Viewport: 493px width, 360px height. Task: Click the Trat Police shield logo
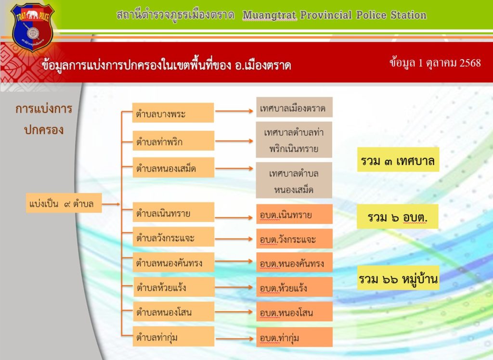coord(32,26)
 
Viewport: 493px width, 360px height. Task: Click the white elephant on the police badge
coord(32,14)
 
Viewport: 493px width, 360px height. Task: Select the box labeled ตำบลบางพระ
coord(173,113)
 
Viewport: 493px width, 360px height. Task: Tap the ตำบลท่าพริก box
coord(173,141)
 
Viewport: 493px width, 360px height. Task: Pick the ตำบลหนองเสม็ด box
coord(173,167)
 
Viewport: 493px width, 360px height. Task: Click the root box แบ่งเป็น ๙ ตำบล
coord(64,203)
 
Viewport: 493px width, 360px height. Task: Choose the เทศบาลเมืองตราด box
coord(294,107)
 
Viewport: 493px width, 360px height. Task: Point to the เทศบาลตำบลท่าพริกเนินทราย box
coord(294,140)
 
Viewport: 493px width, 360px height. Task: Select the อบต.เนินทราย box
coord(294,214)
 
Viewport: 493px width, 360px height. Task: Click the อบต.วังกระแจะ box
coord(294,239)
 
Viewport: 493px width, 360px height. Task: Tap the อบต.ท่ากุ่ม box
coord(294,337)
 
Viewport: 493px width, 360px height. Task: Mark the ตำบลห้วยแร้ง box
coord(174,287)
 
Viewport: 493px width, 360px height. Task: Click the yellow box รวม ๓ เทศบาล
coord(398,160)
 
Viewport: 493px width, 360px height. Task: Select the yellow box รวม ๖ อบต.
coord(397,217)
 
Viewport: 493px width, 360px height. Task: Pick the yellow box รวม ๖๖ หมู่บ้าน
coord(398,278)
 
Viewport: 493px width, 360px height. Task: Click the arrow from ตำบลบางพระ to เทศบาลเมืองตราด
coord(234,111)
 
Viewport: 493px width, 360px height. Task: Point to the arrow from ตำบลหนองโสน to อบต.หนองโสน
coord(234,312)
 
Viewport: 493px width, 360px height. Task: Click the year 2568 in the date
coord(470,63)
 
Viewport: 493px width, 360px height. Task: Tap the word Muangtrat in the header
coord(270,15)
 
